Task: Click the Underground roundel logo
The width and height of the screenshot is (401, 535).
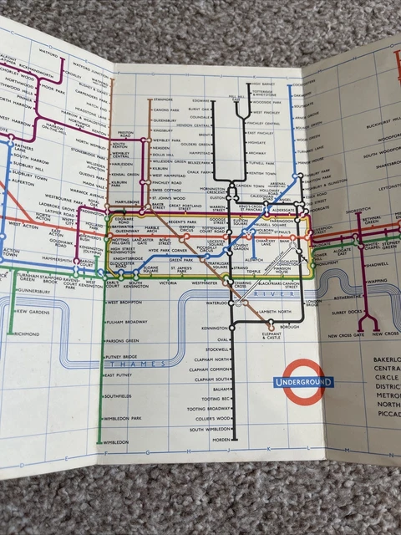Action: click(x=302, y=382)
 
